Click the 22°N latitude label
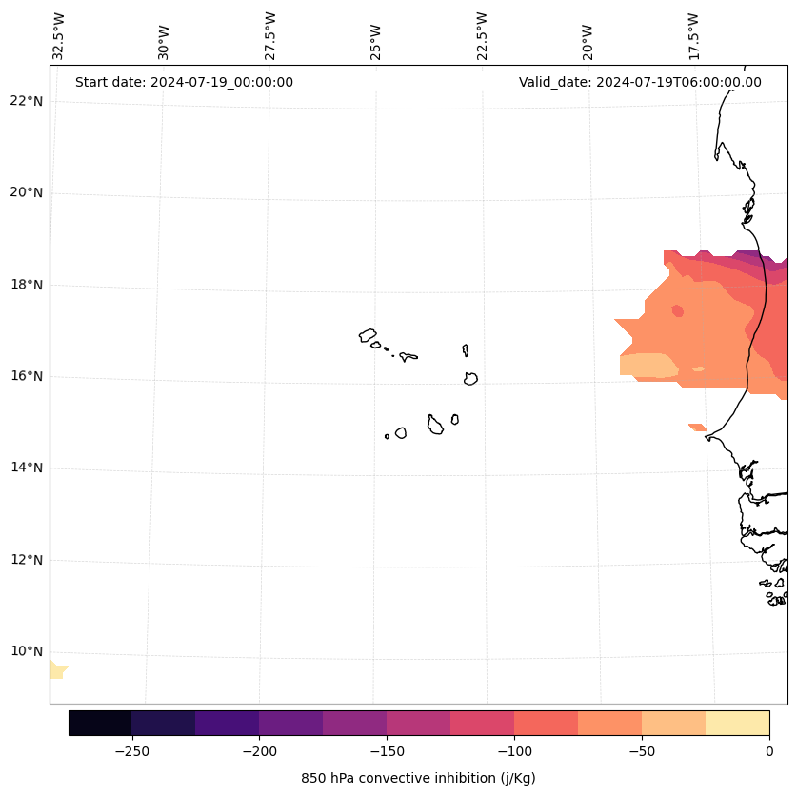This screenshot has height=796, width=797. tap(28, 101)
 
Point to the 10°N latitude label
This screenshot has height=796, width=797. tap(28, 651)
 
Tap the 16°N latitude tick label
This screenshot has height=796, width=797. tap(28, 376)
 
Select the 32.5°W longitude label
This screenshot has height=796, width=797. tap(59, 36)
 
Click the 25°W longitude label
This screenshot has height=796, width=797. tap(376, 43)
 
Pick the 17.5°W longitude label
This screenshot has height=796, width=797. tap(693, 36)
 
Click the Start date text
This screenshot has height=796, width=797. tap(184, 82)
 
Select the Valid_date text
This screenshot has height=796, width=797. tap(640, 82)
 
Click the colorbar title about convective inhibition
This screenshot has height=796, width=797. tap(418, 778)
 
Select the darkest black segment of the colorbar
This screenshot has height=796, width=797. tap(100, 724)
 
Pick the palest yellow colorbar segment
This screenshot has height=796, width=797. tap(737, 724)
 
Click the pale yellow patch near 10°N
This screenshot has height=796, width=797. tap(57, 669)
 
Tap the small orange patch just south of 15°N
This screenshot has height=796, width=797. tap(697, 428)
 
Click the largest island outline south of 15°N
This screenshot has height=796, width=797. tap(435, 425)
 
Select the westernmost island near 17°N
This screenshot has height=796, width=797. tap(368, 335)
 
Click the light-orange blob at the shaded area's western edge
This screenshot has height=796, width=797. tap(648, 366)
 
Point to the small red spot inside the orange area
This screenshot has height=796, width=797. tap(678, 310)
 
